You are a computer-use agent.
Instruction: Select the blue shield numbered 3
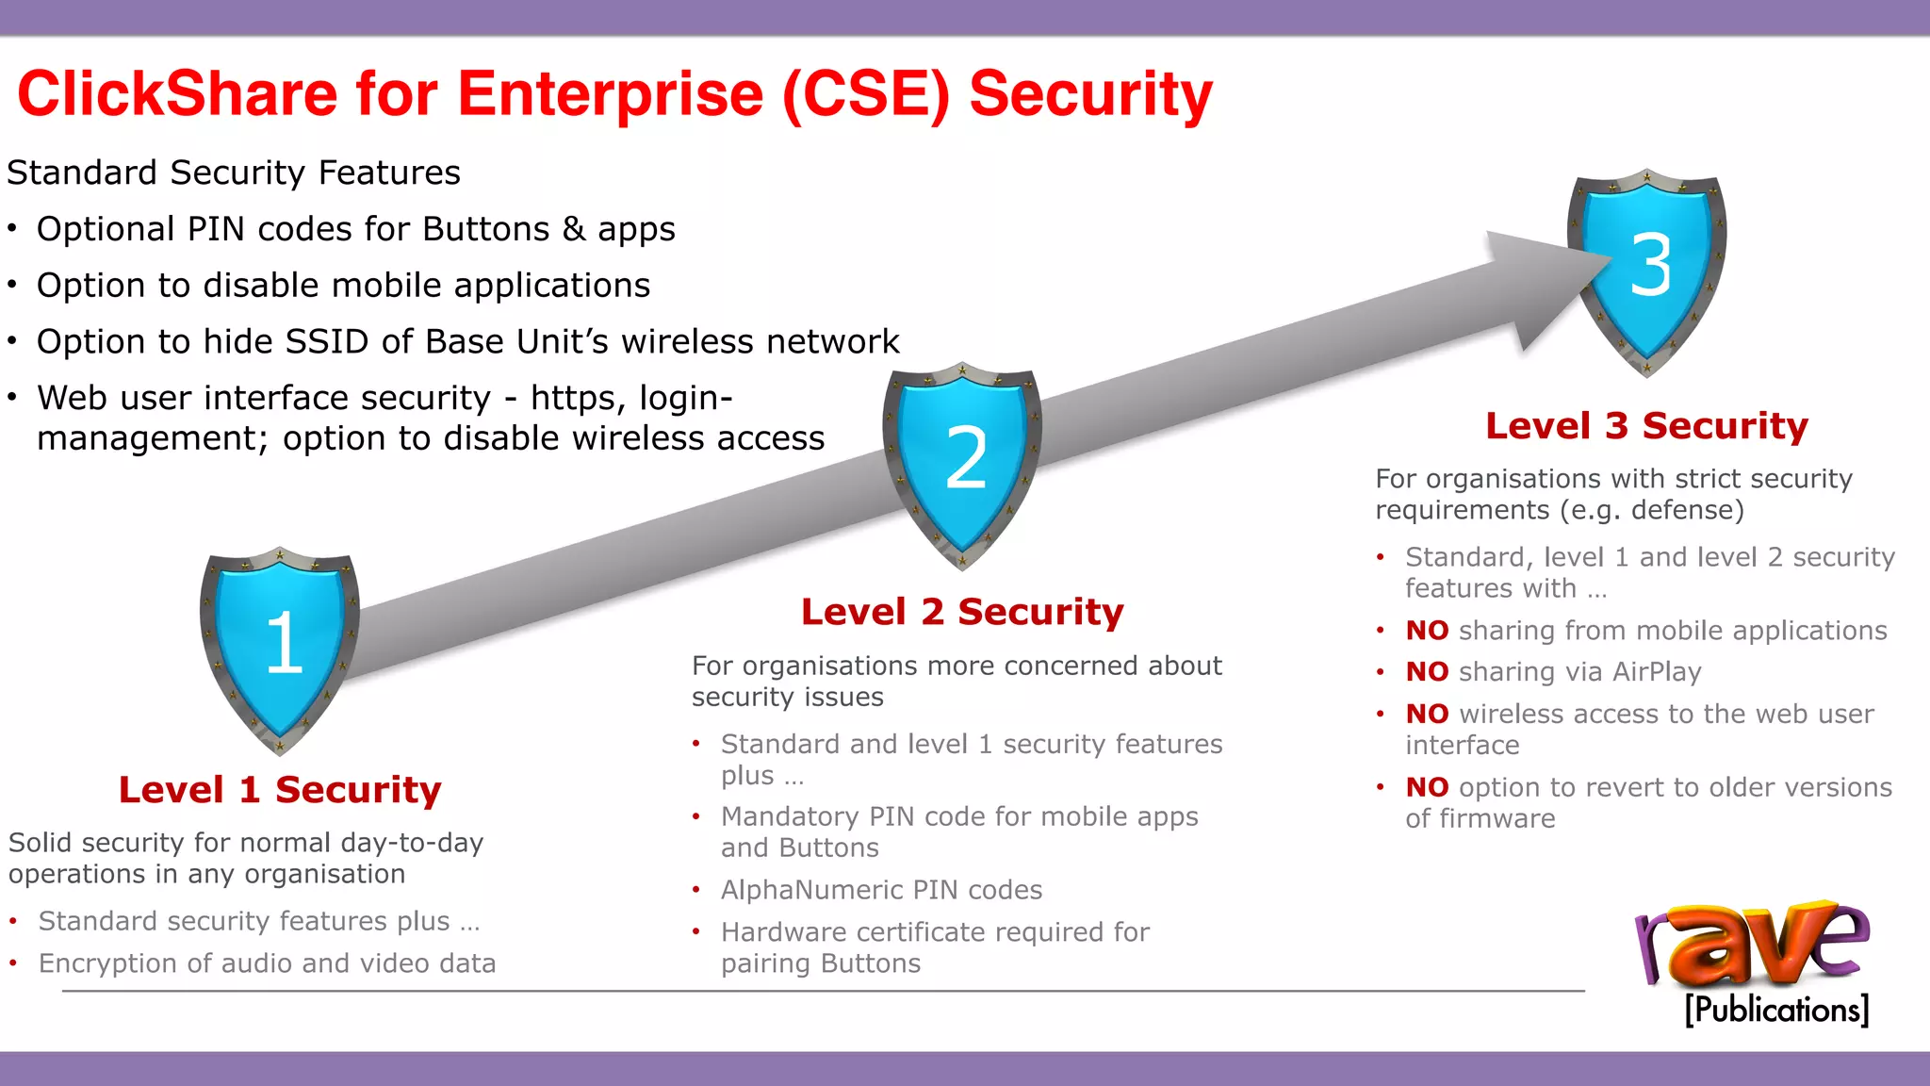point(1647,270)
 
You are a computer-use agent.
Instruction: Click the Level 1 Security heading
point(280,790)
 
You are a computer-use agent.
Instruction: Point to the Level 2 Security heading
point(962,612)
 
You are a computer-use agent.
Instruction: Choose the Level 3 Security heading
point(1646,426)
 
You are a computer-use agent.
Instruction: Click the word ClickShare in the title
point(177,94)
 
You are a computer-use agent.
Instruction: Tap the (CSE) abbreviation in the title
point(866,94)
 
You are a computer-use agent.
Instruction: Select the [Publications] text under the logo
point(1776,1010)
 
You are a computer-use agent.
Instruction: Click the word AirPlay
point(1657,672)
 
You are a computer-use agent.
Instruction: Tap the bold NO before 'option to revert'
point(1427,788)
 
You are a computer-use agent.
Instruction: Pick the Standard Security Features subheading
point(234,173)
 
